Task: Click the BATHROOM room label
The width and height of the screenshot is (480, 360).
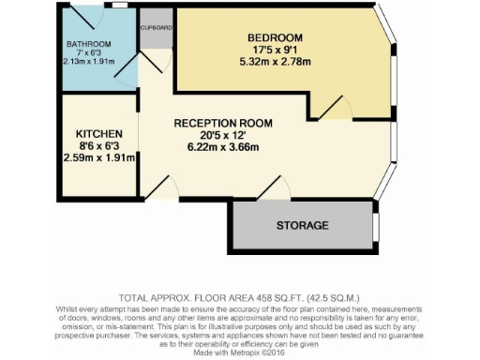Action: (89, 44)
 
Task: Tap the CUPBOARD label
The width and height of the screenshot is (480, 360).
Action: (157, 28)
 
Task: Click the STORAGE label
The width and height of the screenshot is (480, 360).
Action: (302, 225)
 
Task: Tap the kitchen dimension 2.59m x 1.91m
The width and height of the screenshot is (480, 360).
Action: (98, 157)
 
